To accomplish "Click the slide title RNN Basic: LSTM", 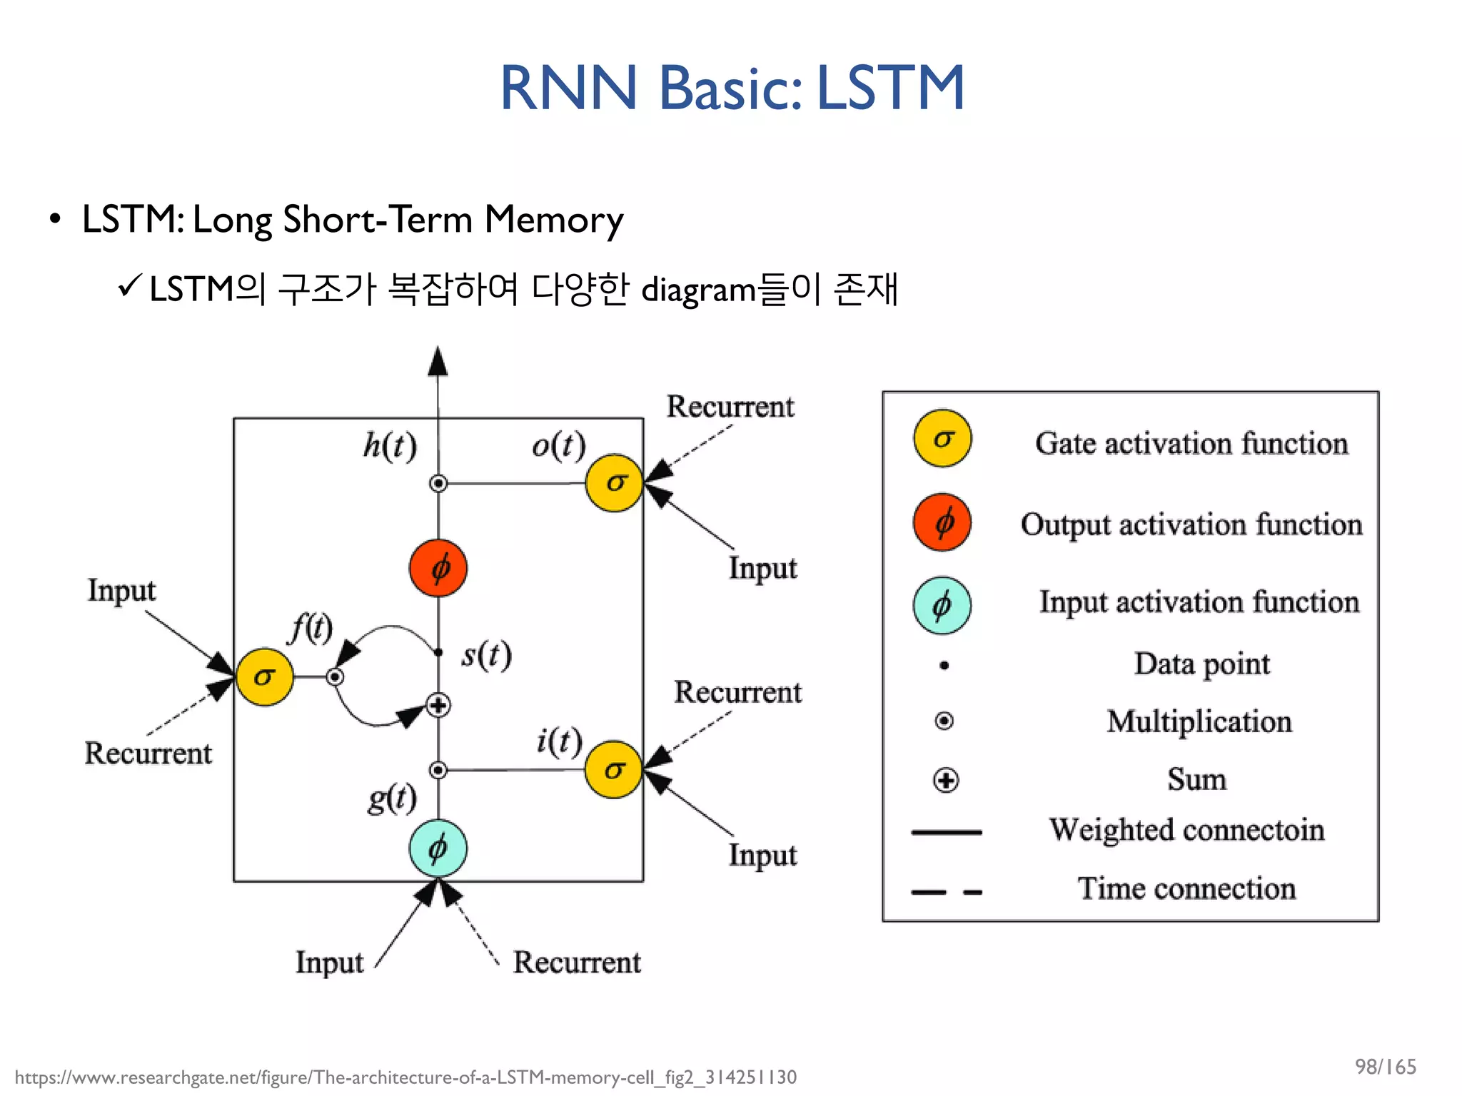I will click(x=732, y=88).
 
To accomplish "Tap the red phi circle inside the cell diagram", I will click(x=438, y=568).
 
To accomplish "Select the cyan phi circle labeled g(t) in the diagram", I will click(x=438, y=848).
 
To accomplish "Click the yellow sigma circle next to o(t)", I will click(x=615, y=483).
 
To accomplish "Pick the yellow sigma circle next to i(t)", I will click(x=613, y=770).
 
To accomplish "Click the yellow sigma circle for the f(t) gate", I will click(x=264, y=676).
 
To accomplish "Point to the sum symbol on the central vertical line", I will click(x=438, y=706).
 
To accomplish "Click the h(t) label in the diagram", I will click(x=390, y=446).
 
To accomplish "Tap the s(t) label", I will click(x=486, y=655).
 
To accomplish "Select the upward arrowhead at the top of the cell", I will click(x=438, y=361).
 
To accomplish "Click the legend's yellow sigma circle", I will click(x=942, y=439).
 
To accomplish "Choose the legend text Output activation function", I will click(x=1191, y=524).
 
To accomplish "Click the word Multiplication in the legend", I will click(x=1199, y=721).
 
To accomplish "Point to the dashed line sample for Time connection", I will click(x=947, y=892).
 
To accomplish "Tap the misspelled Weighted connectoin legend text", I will click(x=1186, y=830).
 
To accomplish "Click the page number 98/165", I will click(x=1385, y=1067).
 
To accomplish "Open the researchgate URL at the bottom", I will click(x=405, y=1077).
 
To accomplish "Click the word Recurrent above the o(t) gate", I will click(x=730, y=406).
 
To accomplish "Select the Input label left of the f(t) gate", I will click(x=121, y=591).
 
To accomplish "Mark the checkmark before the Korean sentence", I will click(x=130, y=287).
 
